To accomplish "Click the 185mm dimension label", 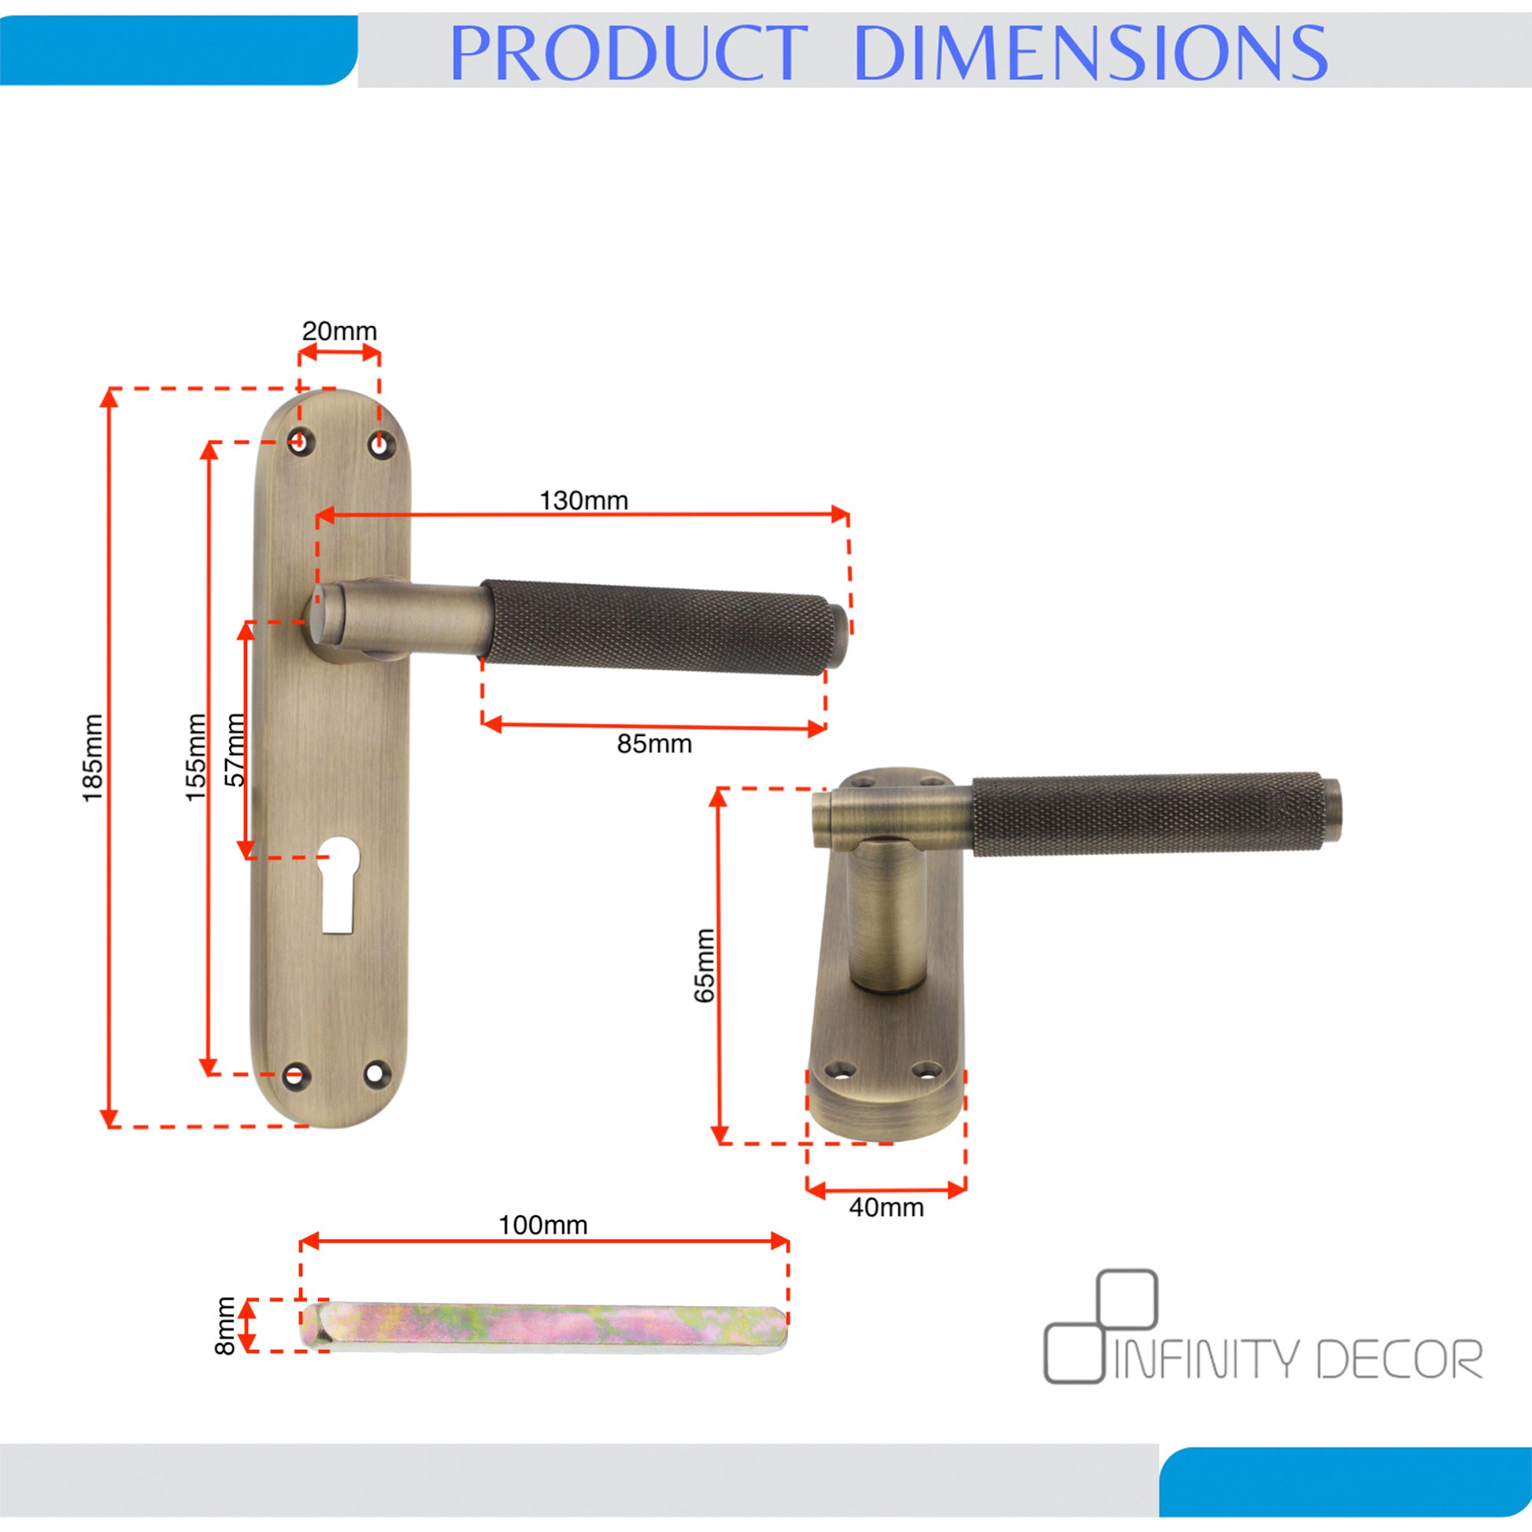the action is click(93, 757).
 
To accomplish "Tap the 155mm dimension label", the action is click(195, 757).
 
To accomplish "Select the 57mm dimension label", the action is click(235, 749).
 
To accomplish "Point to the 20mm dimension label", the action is click(339, 331).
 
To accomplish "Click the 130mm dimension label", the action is click(583, 501).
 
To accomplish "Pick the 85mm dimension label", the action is click(654, 744).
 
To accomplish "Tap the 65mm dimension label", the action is click(704, 965).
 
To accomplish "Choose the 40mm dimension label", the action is click(886, 1208).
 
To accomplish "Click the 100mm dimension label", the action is click(543, 1225).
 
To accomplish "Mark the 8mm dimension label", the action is click(225, 1326).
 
